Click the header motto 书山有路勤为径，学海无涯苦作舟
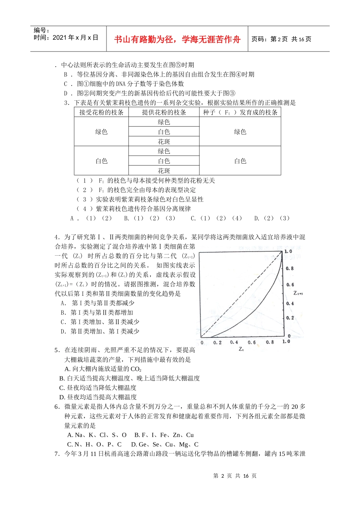click(177, 39)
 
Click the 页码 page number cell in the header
click(281, 39)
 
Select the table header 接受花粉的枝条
click(101, 112)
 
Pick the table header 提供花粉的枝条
click(164, 112)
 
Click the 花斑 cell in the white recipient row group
click(164, 171)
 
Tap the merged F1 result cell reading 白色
click(240, 161)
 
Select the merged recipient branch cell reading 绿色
click(101, 132)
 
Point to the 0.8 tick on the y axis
click(290, 268)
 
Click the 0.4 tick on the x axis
click(234, 342)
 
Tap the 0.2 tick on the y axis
click(290, 318)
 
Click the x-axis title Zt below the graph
click(241, 349)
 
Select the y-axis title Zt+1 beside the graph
click(298, 293)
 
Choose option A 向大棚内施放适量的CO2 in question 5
click(103, 369)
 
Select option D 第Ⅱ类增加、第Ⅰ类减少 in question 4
click(100, 331)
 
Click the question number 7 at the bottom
click(56, 454)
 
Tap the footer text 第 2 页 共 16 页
click(235, 476)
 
